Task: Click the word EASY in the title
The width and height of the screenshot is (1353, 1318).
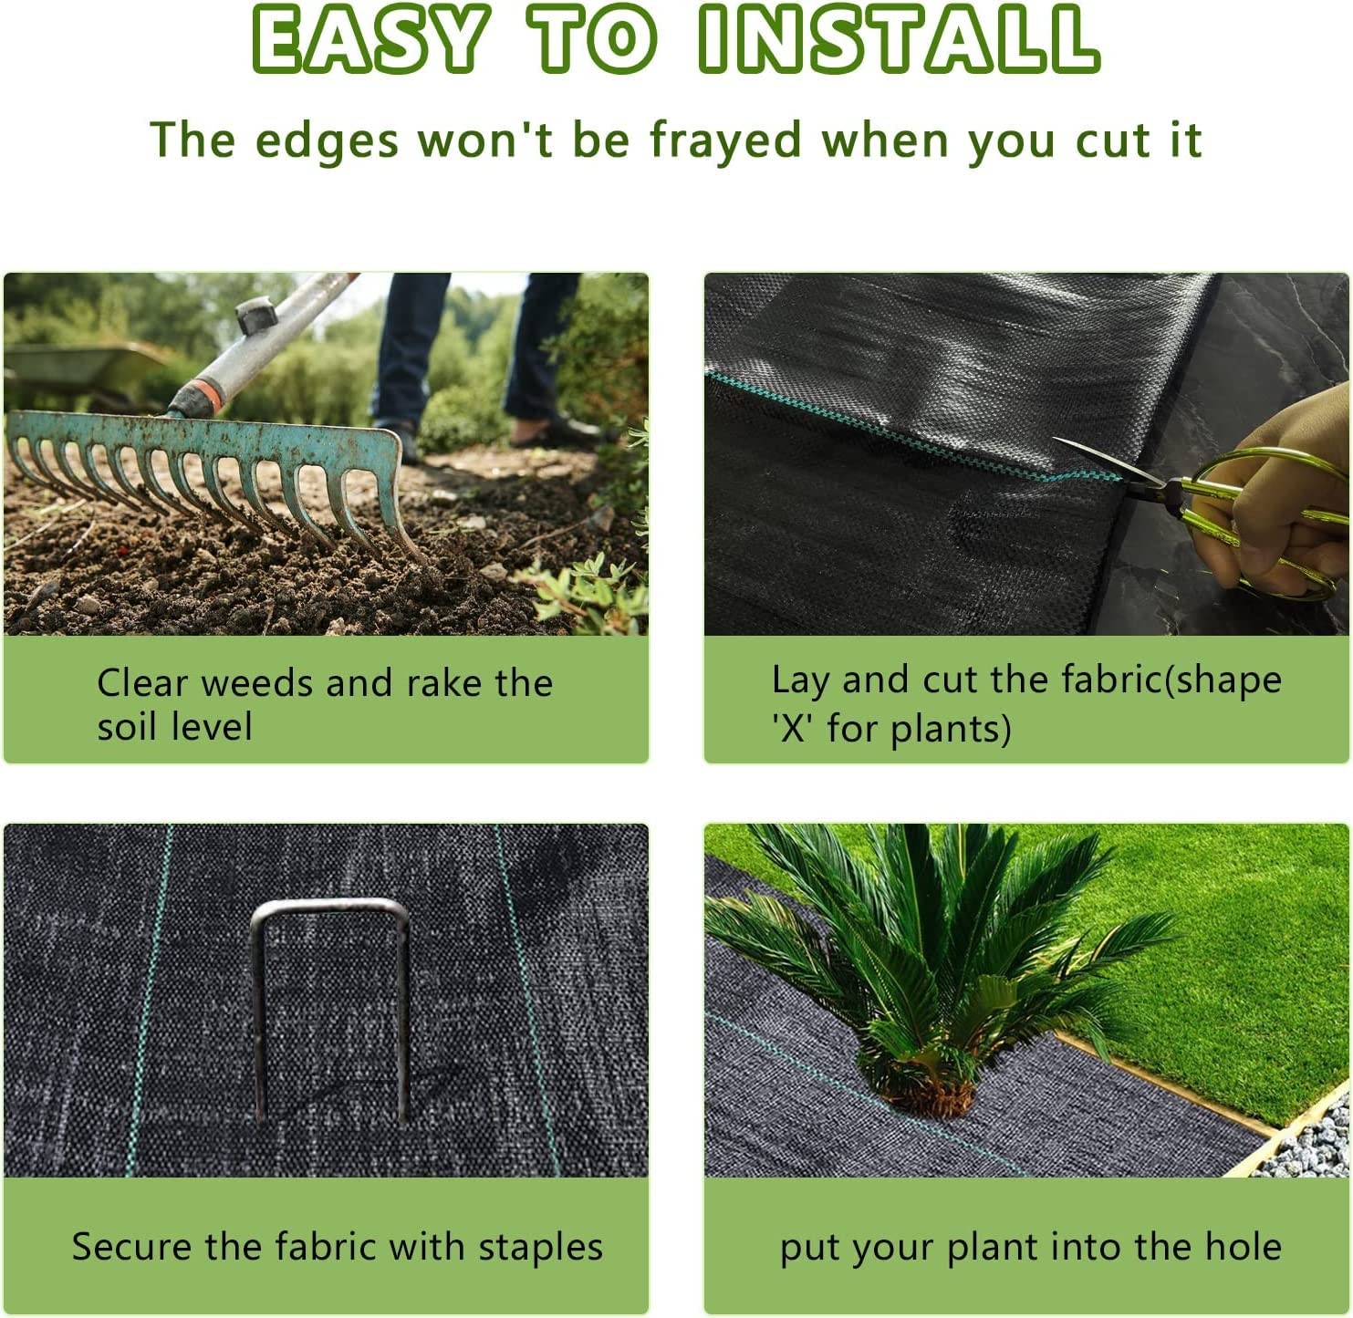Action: [x=369, y=40]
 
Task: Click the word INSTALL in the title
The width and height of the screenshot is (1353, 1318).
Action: [x=899, y=40]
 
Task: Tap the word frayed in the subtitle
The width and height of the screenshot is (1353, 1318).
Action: [x=725, y=140]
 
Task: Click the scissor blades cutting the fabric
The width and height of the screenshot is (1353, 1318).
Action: [x=1099, y=461]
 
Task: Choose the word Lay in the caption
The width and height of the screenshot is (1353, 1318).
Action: [x=799, y=680]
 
